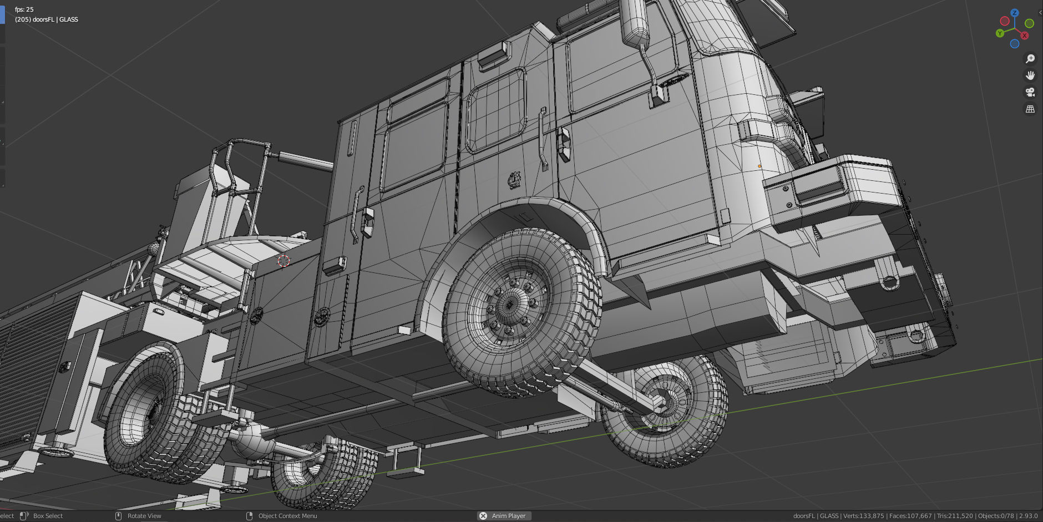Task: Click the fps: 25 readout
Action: click(x=24, y=9)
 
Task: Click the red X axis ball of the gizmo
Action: click(x=1024, y=36)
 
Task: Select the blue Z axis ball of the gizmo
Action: click(x=1014, y=13)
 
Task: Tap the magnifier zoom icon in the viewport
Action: click(x=1030, y=59)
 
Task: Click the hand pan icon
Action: click(x=1030, y=75)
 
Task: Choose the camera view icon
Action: click(x=1030, y=92)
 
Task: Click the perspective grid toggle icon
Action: click(x=1030, y=109)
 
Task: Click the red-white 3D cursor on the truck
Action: click(x=283, y=260)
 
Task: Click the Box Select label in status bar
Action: click(x=48, y=516)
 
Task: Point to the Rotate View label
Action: click(x=144, y=516)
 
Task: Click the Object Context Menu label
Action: click(x=287, y=516)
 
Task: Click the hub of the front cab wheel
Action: click(x=510, y=305)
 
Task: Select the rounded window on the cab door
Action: click(x=495, y=110)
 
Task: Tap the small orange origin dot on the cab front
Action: click(x=760, y=166)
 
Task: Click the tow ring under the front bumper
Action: click(x=889, y=282)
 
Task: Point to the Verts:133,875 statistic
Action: click(x=863, y=516)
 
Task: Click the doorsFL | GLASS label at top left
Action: click(x=47, y=19)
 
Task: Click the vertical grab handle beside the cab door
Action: click(x=542, y=139)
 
